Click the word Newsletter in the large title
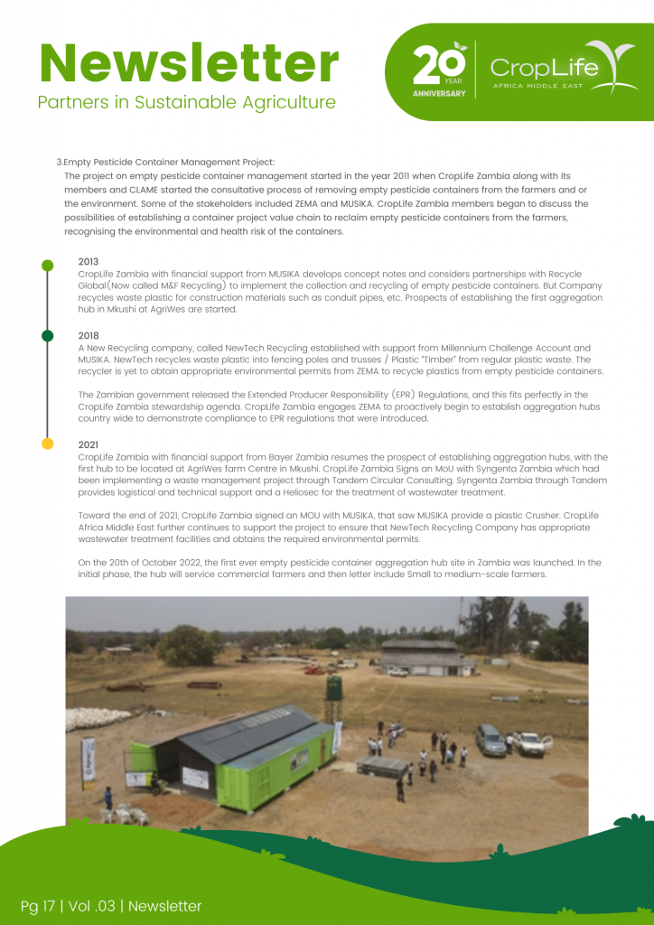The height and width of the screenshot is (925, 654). pos(189,63)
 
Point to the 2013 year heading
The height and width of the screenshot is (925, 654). pos(89,262)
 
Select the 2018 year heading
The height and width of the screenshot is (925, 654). pos(89,335)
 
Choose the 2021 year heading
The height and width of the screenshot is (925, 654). pos(89,444)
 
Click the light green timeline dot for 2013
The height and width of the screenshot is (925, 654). pos(48,266)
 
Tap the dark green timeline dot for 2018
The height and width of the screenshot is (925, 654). pos(48,336)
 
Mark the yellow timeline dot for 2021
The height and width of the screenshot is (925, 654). pos(48,444)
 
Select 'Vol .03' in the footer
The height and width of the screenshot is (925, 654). pos(91,905)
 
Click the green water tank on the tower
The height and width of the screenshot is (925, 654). pos(335,688)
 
